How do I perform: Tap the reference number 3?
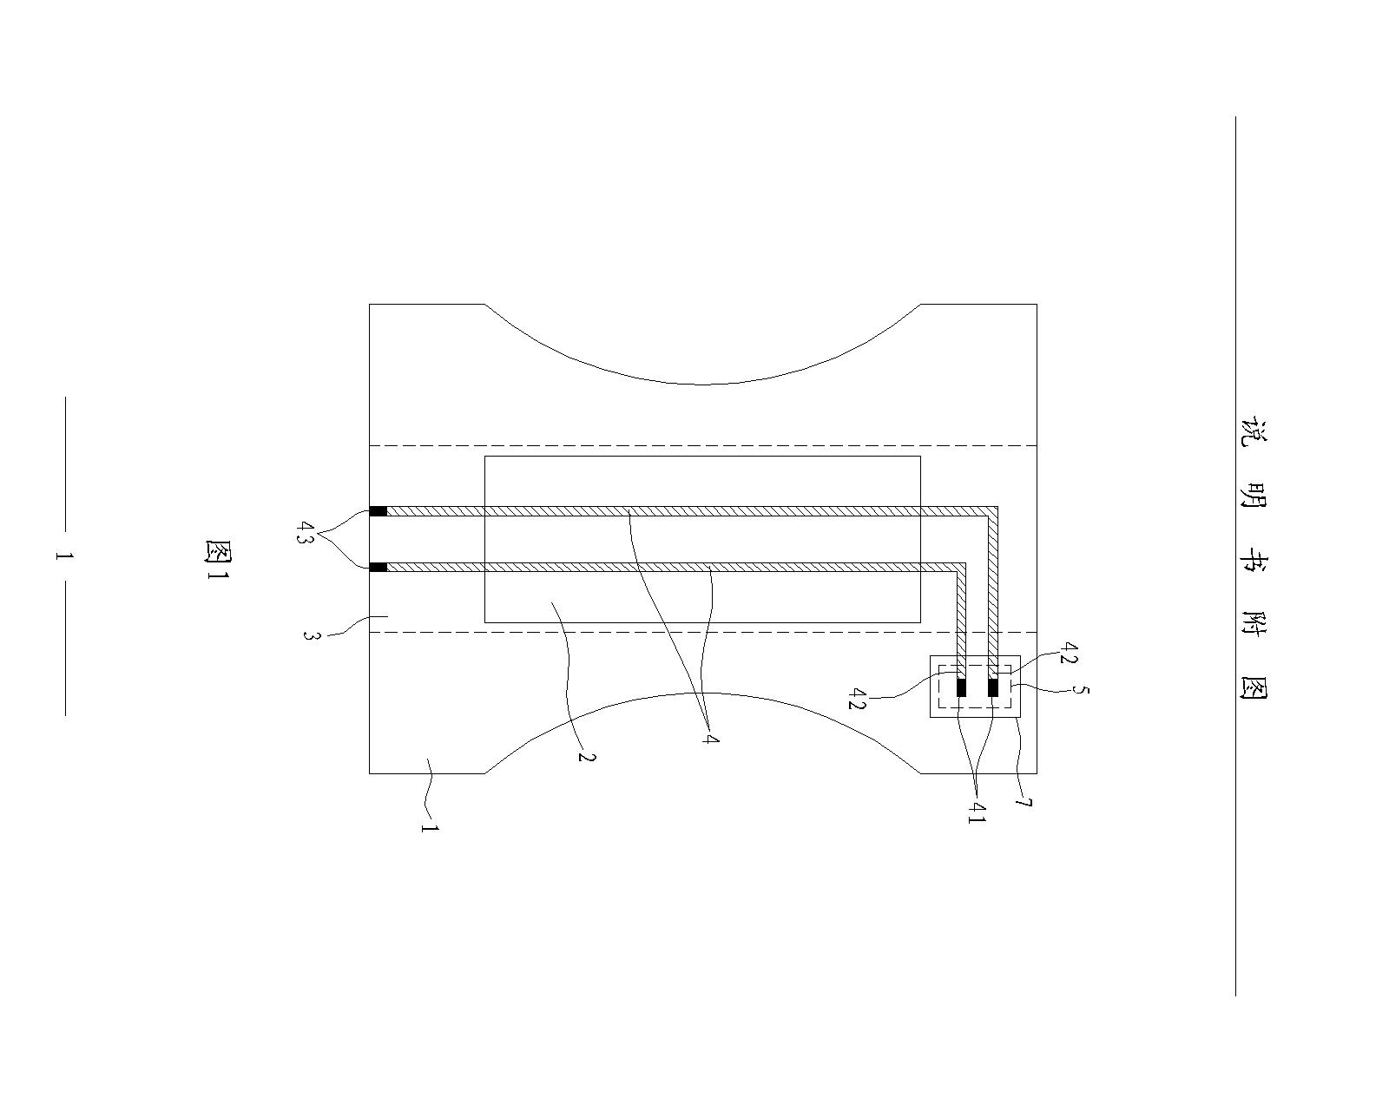coord(311,635)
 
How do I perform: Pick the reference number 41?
coord(977,812)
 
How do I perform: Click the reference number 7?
coord(1024,803)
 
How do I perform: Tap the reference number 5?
coord(1080,690)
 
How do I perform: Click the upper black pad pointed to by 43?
coord(379,511)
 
